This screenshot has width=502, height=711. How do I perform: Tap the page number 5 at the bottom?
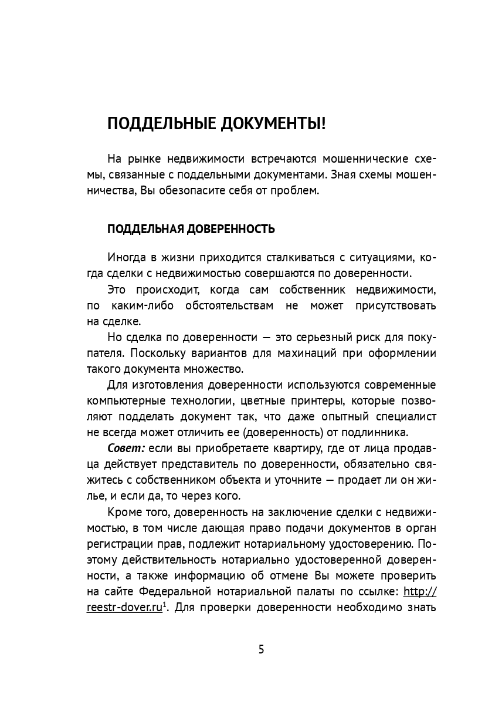tap(262, 649)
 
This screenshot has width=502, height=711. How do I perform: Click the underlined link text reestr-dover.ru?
tap(124, 608)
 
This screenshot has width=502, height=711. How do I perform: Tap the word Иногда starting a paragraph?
tap(124, 258)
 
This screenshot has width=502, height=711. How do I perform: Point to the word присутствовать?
tap(394, 306)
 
